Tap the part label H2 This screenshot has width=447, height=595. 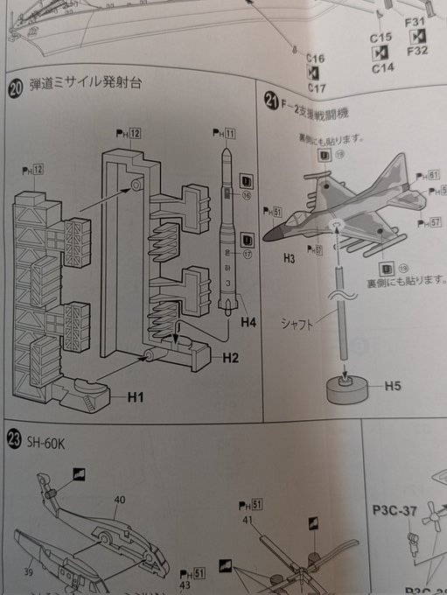click(x=231, y=358)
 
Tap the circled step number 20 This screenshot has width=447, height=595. click(x=15, y=86)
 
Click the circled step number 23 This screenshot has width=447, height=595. click(x=13, y=436)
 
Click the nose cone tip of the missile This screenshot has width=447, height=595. click(x=226, y=150)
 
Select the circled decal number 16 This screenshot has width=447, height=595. click(x=247, y=197)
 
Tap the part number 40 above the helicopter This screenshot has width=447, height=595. click(x=119, y=500)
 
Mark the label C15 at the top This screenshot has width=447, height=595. click(x=381, y=38)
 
